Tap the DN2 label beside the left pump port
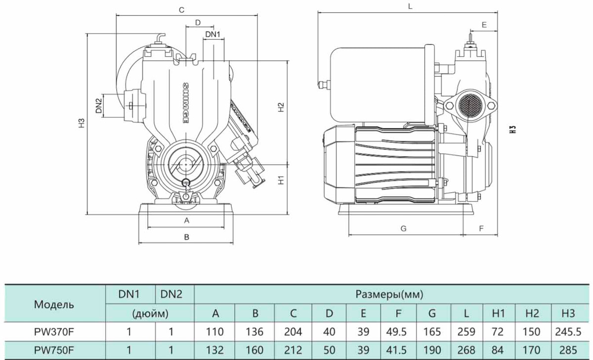(99, 105)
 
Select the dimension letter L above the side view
(410, 6)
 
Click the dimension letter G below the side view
(403, 228)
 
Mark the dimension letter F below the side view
(481, 228)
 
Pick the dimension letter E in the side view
(484, 24)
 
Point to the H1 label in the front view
(280, 180)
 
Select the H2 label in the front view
(280, 107)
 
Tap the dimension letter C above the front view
(181, 9)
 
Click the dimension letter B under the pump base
(187, 237)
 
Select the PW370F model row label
(54, 332)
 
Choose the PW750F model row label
(54, 350)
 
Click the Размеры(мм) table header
(389, 295)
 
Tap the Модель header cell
(54, 305)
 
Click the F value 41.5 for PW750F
(398, 350)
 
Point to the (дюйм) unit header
(150, 313)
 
